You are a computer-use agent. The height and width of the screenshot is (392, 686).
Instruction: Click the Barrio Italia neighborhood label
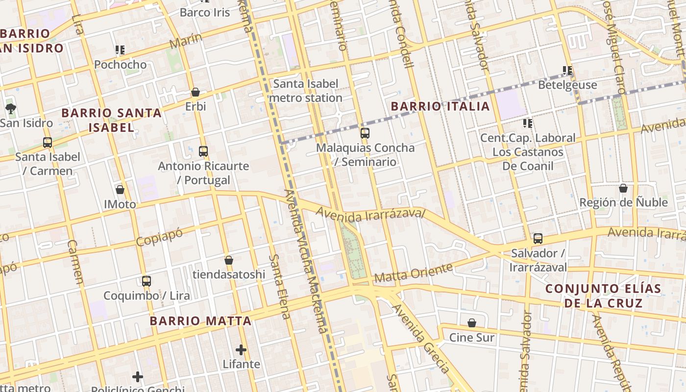tap(440, 106)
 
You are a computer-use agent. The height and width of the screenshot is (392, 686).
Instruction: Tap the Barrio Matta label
tap(200, 321)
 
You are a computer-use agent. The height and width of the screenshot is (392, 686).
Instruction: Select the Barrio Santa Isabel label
tap(111, 120)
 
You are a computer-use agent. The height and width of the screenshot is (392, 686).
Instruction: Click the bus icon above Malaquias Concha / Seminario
tap(365, 133)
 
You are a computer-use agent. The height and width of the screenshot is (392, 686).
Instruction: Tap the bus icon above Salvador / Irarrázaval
tap(538, 239)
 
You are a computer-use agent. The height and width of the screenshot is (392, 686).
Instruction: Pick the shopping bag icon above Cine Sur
tap(471, 323)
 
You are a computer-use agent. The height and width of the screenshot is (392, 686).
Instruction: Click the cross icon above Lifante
tap(241, 350)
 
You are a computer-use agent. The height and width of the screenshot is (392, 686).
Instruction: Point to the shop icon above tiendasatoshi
tap(228, 260)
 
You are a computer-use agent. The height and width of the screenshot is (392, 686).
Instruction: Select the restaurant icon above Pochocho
tap(120, 49)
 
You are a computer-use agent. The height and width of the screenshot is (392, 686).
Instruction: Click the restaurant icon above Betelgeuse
tap(567, 70)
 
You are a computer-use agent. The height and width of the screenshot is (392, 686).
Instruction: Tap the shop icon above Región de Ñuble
tap(623, 188)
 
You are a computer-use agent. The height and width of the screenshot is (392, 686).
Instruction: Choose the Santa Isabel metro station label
tap(306, 91)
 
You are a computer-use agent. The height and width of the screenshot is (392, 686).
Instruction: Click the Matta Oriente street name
tap(413, 273)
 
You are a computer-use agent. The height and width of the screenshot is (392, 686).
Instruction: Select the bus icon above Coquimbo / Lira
tap(146, 281)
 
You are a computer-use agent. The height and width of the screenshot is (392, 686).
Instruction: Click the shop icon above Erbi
tap(195, 92)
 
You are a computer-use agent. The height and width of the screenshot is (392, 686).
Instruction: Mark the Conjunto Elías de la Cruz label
tap(603, 295)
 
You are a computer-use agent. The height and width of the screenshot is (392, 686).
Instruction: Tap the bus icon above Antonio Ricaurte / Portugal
tap(203, 151)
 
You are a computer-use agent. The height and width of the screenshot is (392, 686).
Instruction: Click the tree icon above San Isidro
tap(10, 108)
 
